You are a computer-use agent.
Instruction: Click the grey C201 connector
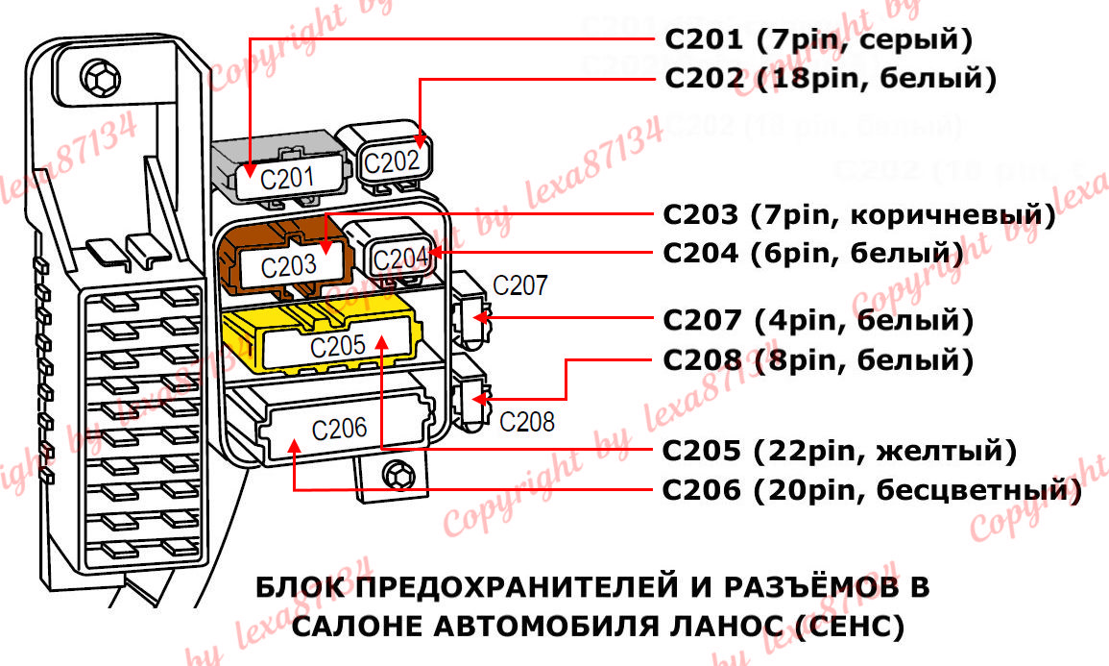277,173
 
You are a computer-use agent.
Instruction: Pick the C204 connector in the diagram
397,257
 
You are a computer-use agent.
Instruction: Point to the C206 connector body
341,428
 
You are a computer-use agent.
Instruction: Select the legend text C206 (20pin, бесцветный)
873,490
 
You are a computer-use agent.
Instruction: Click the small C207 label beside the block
519,284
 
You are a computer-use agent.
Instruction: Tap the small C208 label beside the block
527,420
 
